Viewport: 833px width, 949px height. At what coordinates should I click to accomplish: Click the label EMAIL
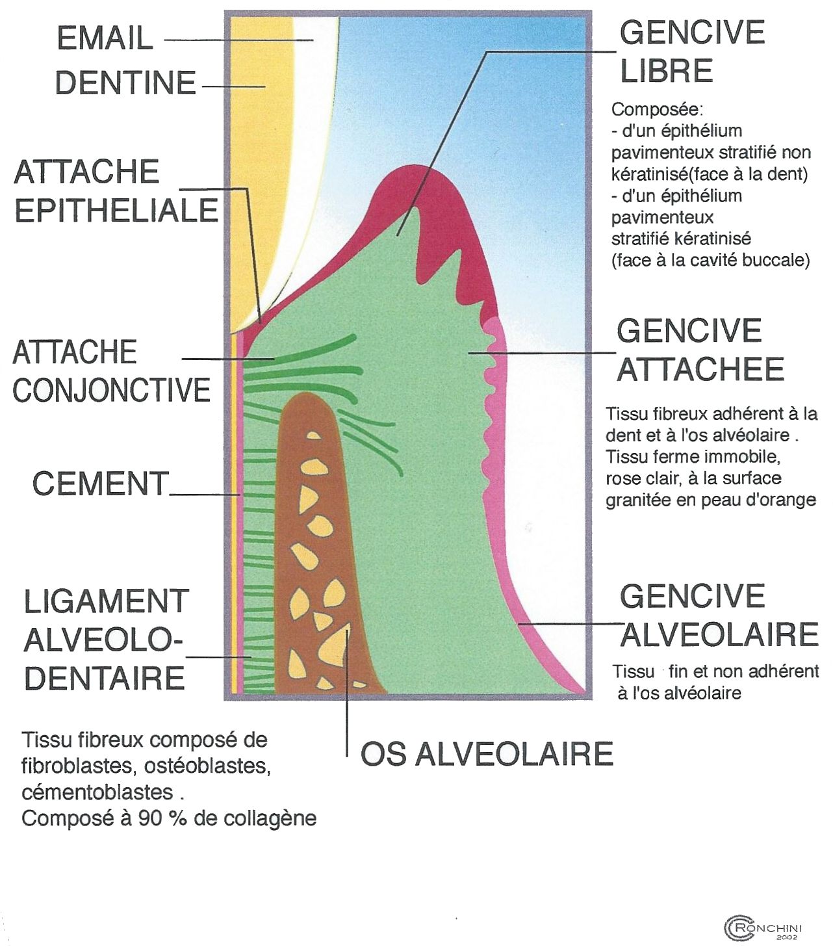[105, 38]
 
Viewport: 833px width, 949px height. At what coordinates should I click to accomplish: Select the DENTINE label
[125, 83]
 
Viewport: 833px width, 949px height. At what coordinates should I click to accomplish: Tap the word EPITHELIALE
[116, 211]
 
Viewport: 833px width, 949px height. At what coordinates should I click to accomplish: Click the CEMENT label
[101, 484]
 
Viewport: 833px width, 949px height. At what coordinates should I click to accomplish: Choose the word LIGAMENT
[107, 602]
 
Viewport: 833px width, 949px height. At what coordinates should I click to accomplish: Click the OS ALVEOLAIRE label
[487, 754]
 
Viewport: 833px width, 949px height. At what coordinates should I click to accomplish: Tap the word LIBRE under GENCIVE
[667, 71]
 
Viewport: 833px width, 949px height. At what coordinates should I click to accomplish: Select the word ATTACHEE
[700, 370]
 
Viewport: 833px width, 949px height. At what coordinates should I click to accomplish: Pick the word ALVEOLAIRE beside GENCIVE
[719, 635]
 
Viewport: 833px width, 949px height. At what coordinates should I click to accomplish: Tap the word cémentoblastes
[97, 792]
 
